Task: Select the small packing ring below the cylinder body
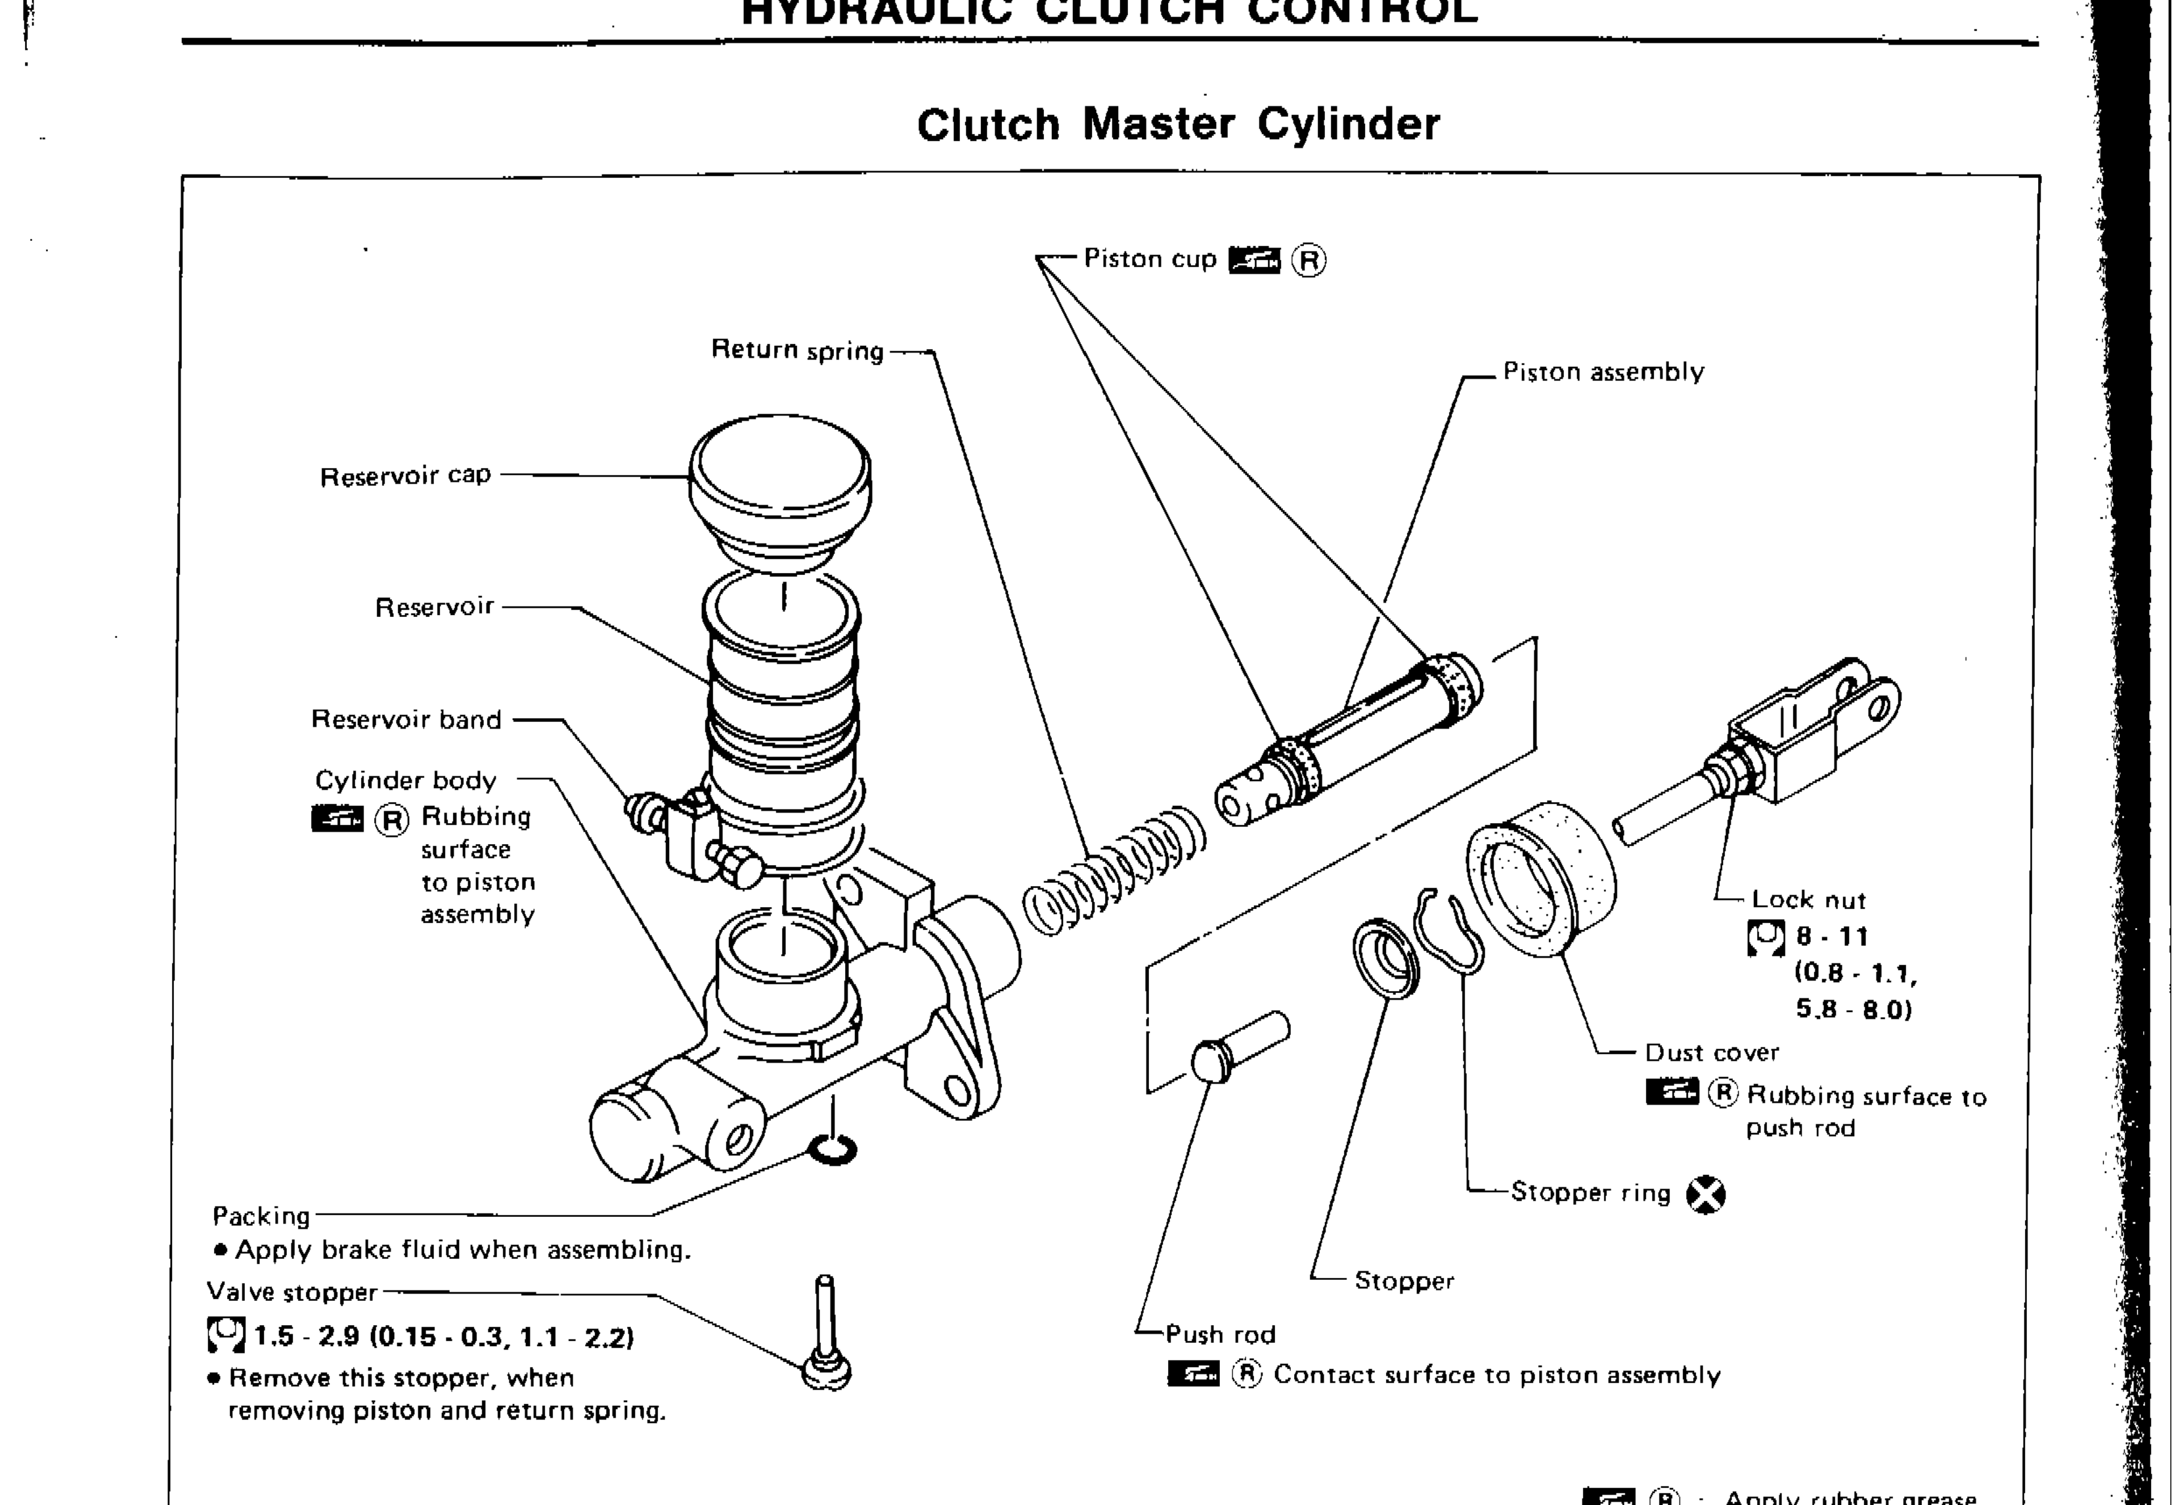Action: pyautogui.click(x=833, y=1151)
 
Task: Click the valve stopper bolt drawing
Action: pyautogui.click(x=826, y=1339)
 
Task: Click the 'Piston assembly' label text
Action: pyautogui.click(x=1603, y=373)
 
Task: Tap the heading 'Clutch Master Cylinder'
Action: pyautogui.click(x=1178, y=125)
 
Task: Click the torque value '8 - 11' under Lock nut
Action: pyautogui.click(x=1831, y=937)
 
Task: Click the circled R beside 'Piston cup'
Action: pyautogui.click(x=1308, y=261)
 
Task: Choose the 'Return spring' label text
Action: pyautogui.click(x=797, y=350)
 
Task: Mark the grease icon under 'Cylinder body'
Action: pyautogui.click(x=337, y=818)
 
